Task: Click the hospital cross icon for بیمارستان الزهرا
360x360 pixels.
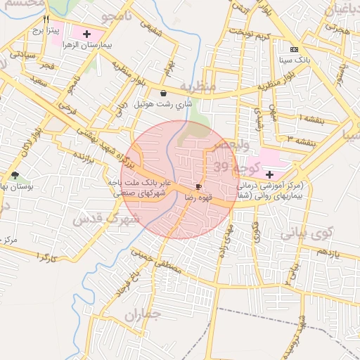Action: point(87,33)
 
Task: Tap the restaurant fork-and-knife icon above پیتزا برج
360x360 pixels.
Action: point(46,20)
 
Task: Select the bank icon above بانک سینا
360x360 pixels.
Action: point(294,49)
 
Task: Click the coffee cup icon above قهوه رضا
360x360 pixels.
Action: point(199,186)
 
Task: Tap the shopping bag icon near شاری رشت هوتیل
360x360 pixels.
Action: point(164,93)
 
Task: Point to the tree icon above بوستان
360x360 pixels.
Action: point(15,175)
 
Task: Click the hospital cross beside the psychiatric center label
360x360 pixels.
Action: point(269,173)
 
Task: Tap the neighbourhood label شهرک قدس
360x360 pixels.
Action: point(107,219)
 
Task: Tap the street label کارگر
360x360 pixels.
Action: point(42,258)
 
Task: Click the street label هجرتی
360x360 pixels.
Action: point(337,30)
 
